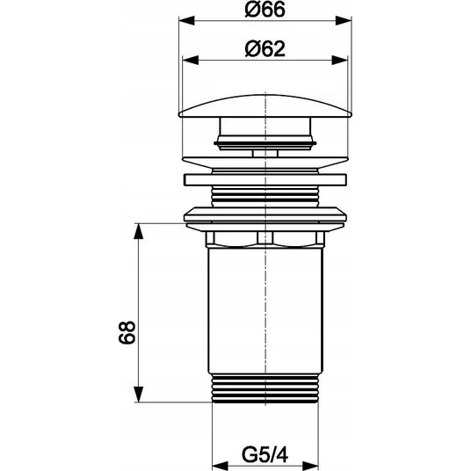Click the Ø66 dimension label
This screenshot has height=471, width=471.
tap(264, 10)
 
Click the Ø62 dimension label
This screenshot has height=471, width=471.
tap(264, 49)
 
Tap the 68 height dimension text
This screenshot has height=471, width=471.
tap(127, 332)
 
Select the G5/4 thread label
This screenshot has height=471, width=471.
tap(265, 455)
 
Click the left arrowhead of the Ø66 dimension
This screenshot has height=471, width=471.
tap(186, 21)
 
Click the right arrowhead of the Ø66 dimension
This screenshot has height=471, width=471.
tap(344, 21)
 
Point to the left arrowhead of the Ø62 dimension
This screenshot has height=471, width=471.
tap(191, 60)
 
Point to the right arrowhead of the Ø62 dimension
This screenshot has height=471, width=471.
tap(339, 60)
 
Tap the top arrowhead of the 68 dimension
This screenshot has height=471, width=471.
tap(138, 231)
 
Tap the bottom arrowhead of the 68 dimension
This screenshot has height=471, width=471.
tap(138, 395)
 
